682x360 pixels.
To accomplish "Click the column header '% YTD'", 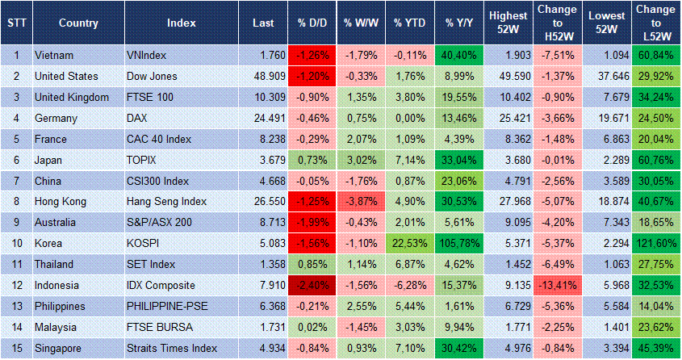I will click(410, 23).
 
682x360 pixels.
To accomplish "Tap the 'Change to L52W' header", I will click(655, 23).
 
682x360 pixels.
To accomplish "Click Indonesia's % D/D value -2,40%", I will click(312, 286).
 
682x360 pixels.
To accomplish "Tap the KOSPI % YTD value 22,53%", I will click(410, 244).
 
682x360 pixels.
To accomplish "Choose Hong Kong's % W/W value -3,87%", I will click(361, 202).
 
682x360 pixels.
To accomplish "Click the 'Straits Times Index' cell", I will click(172, 349).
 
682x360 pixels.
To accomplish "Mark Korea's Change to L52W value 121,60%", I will click(655, 244).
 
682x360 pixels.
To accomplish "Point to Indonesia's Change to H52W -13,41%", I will click(556, 286).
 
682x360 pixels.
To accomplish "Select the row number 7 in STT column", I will click(15, 181).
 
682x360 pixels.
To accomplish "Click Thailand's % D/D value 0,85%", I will click(312, 265).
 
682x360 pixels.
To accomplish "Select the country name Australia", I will click(59, 223).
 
